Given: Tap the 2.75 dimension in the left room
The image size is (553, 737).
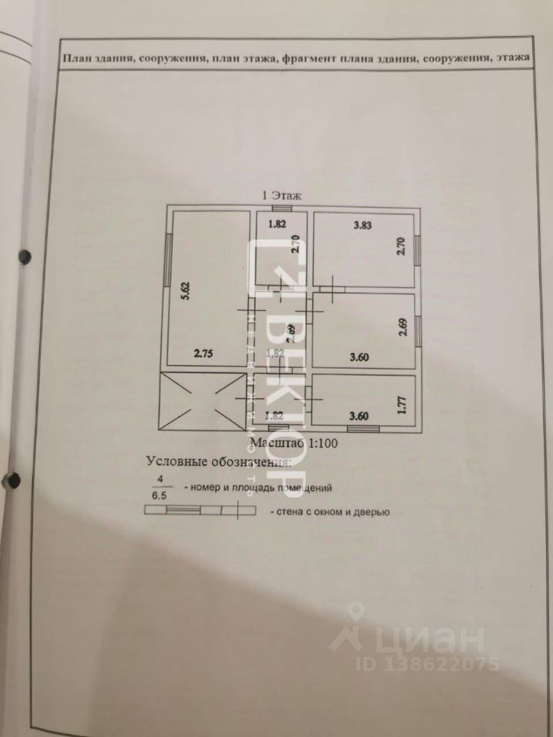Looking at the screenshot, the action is (202, 354).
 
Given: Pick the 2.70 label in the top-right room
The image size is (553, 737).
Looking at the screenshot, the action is (400, 250).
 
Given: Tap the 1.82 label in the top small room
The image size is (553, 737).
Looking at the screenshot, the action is (276, 225).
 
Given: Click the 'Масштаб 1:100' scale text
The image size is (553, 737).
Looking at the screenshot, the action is (293, 443).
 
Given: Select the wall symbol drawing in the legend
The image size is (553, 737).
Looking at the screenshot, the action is (200, 510).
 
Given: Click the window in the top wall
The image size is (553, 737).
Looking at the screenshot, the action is (282, 208).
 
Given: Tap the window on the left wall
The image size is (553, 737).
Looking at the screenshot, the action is (168, 260).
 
